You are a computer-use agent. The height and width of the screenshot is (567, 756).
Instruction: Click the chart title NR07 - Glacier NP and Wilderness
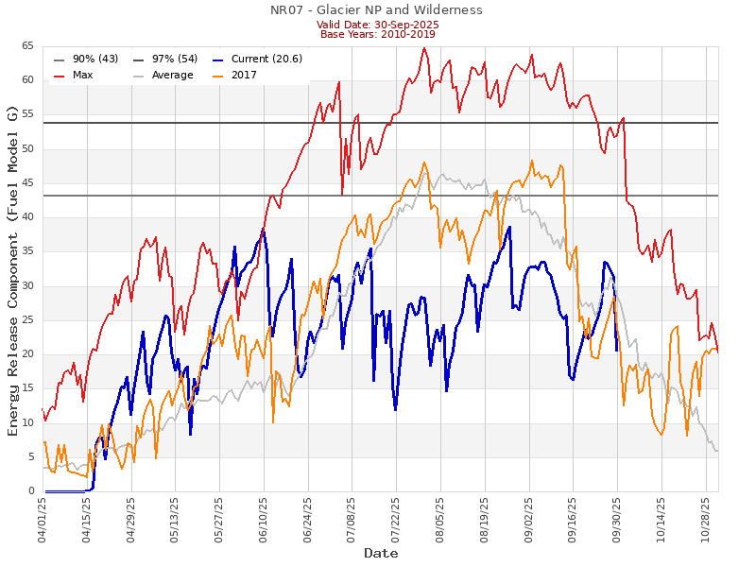tap(376, 10)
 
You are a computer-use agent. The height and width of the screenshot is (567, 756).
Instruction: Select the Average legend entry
tap(166, 75)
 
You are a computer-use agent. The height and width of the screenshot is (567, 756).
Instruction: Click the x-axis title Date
tap(381, 553)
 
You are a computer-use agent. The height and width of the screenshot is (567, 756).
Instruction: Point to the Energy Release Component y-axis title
tap(12, 269)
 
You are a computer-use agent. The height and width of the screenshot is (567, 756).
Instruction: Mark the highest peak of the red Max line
tap(424, 47)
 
